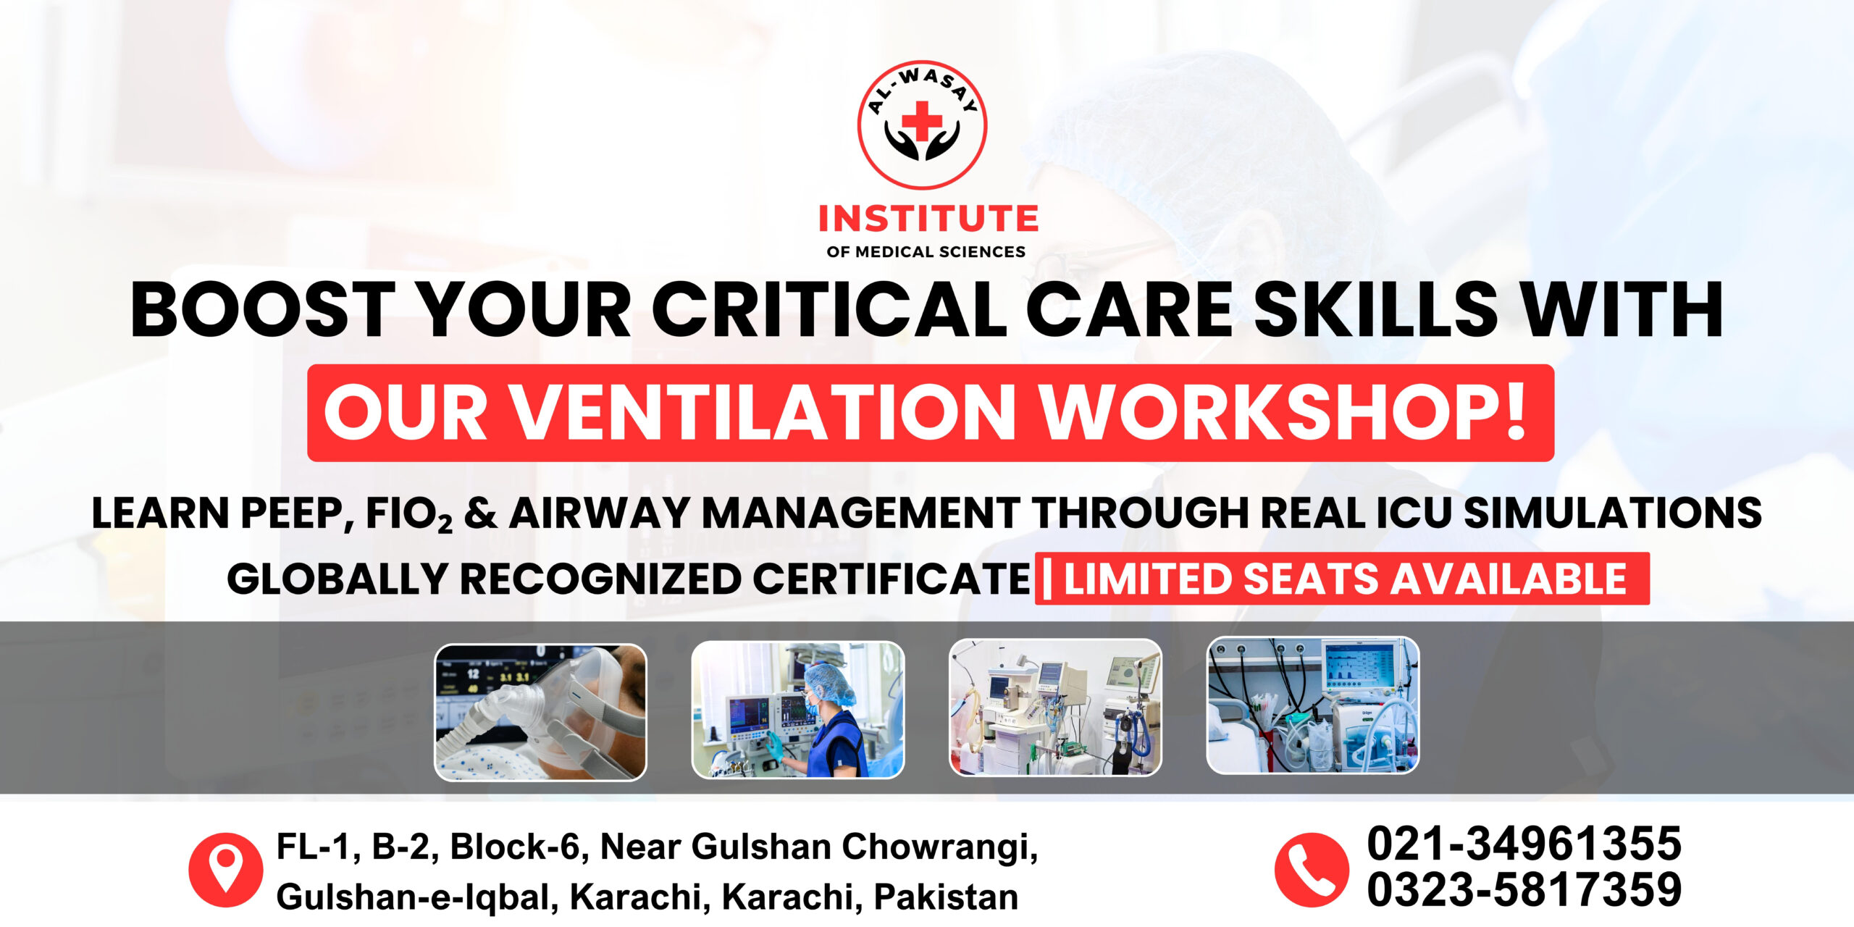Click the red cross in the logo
click(921, 121)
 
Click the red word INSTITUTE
click(928, 219)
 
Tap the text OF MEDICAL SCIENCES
click(926, 252)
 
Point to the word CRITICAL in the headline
click(829, 309)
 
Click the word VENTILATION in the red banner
click(764, 412)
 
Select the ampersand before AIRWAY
click(481, 513)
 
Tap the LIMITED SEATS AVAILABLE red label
click(1342, 579)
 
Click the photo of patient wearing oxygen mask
click(540, 712)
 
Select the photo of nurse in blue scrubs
click(798, 710)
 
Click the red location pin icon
click(226, 870)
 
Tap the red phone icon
click(1312, 870)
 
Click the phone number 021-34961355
click(1524, 844)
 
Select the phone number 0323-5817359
click(1524, 890)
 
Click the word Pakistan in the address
click(946, 897)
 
